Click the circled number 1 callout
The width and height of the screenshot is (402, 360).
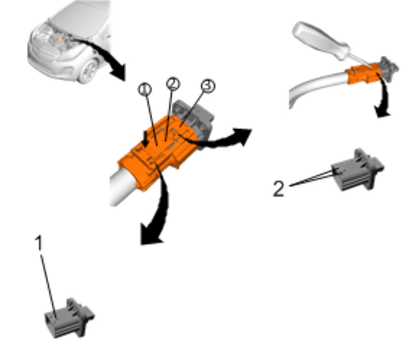(145, 90)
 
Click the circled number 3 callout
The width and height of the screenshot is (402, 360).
(208, 86)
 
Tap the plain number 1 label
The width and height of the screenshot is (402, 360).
(39, 243)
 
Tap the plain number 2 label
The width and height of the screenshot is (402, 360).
(279, 189)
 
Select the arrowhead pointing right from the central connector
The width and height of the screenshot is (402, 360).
(243, 136)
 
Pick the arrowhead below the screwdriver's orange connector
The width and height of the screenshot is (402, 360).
(382, 112)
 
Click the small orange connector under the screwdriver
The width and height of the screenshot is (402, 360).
(362, 73)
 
